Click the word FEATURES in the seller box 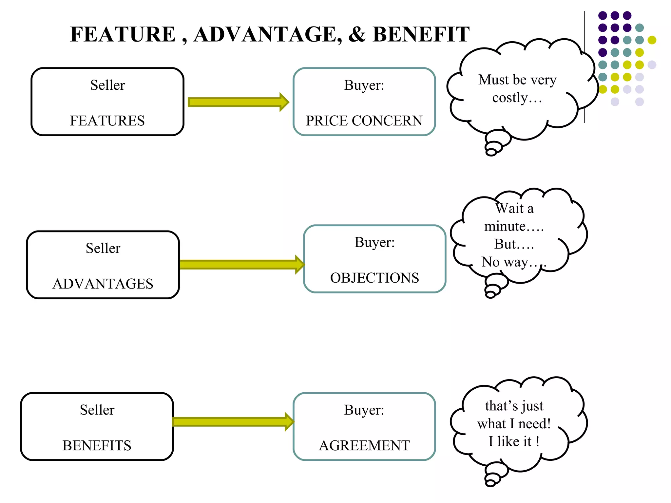(x=107, y=121)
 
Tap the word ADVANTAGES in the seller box (x=103, y=284)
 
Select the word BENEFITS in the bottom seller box (x=97, y=446)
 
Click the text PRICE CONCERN (x=364, y=121)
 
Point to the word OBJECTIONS (x=374, y=278)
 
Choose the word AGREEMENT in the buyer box (x=364, y=446)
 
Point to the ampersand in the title (x=356, y=34)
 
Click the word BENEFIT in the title (x=421, y=34)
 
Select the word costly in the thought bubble (x=510, y=98)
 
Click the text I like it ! (x=514, y=441)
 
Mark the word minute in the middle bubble (x=505, y=226)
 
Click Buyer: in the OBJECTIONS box (x=374, y=243)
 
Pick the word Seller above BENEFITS (x=97, y=410)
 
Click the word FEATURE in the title (x=123, y=34)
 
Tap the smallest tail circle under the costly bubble (x=491, y=152)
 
